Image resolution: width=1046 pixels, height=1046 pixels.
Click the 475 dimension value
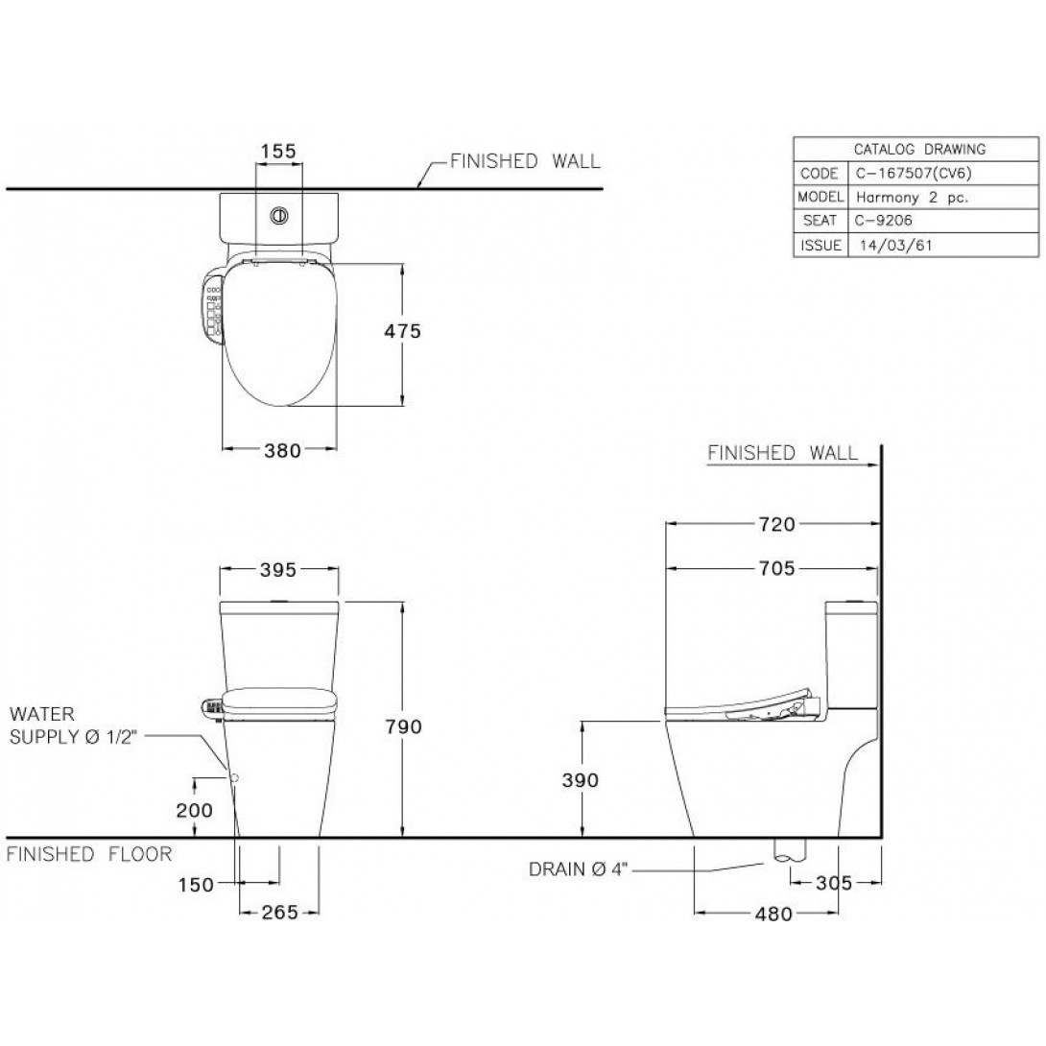click(x=402, y=331)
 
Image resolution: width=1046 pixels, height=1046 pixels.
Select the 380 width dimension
click(x=280, y=450)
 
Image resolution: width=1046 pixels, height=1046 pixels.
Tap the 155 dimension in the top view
click(x=277, y=151)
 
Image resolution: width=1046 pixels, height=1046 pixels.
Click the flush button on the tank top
click(x=279, y=216)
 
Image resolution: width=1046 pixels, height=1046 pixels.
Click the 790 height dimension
click(x=403, y=726)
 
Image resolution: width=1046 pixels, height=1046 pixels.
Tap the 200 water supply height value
click(x=195, y=810)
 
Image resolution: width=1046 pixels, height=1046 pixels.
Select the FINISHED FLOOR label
click(x=89, y=854)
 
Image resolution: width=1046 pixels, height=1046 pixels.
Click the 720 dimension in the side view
click(x=775, y=524)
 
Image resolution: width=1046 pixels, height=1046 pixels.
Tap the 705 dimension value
click(x=775, y=569)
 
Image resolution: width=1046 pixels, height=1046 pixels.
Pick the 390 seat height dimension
click(x=581, y=780)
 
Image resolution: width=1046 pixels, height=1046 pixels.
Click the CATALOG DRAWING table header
click(x=919, y=149)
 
